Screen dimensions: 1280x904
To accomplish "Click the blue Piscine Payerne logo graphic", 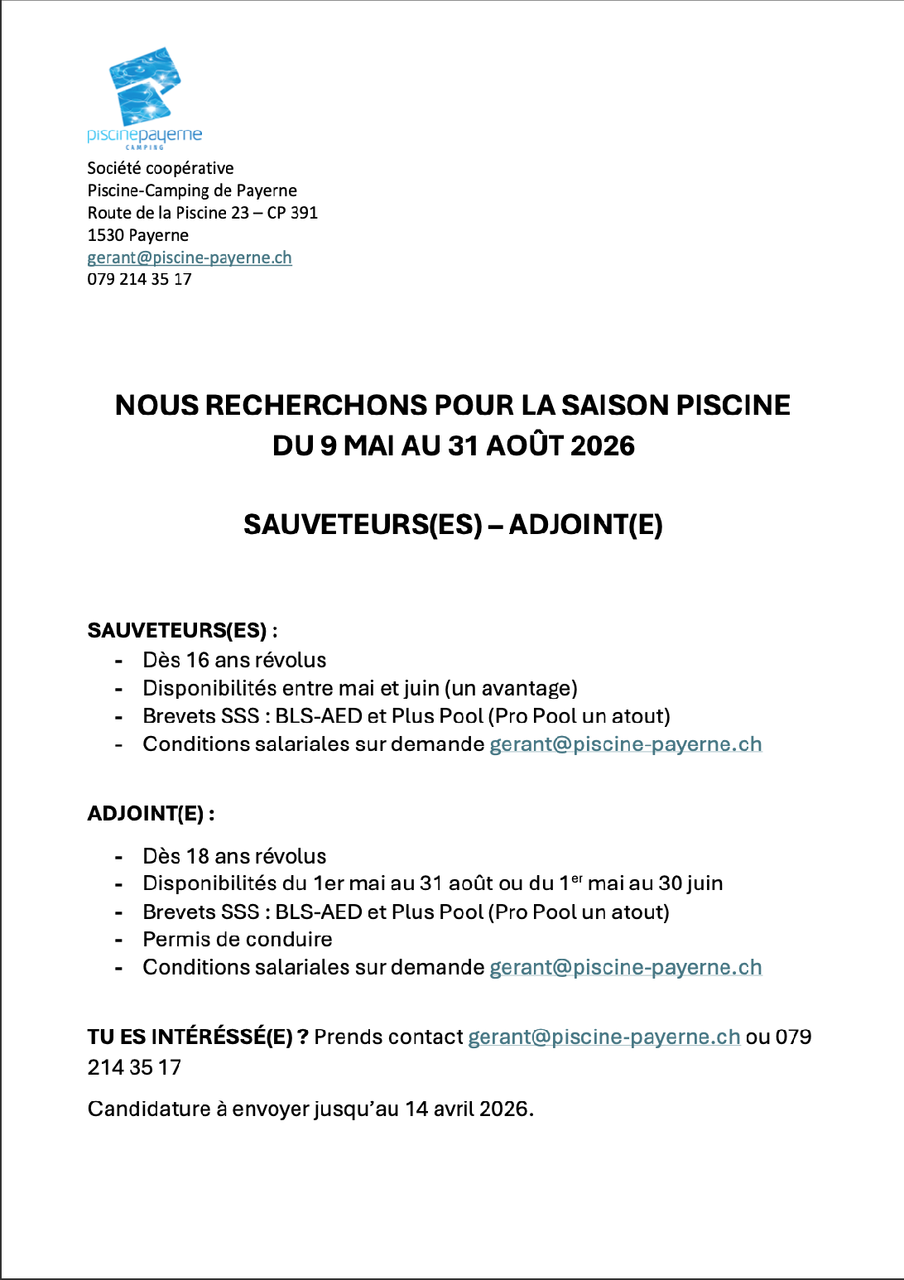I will [145, 87].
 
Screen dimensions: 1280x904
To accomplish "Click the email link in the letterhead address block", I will [190, 257].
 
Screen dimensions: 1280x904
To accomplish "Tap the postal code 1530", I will [105, 235].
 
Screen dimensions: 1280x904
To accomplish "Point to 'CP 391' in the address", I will [292, 213].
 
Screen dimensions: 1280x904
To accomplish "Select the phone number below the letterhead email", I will [139, 280].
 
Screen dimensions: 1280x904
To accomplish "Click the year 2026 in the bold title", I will [603, 446].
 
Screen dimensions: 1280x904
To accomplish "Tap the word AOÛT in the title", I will [524, 446].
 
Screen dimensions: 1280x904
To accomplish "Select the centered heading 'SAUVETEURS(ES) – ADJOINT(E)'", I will [453, 525].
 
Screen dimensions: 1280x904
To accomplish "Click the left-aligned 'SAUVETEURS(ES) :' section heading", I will [182, 631].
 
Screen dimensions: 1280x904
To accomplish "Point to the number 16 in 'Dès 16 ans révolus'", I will [198, 661].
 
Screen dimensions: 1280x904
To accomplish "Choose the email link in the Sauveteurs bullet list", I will [625, 744].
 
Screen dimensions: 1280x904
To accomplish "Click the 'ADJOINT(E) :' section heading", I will [151, 814].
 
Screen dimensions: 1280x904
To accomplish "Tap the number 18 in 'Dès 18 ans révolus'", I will [198, 857].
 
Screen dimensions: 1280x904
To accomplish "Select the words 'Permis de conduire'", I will [238, 940].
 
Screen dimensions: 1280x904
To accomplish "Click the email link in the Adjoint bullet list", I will [625, 968].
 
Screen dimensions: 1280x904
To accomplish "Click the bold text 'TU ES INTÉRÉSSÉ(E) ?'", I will [198, 1037].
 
